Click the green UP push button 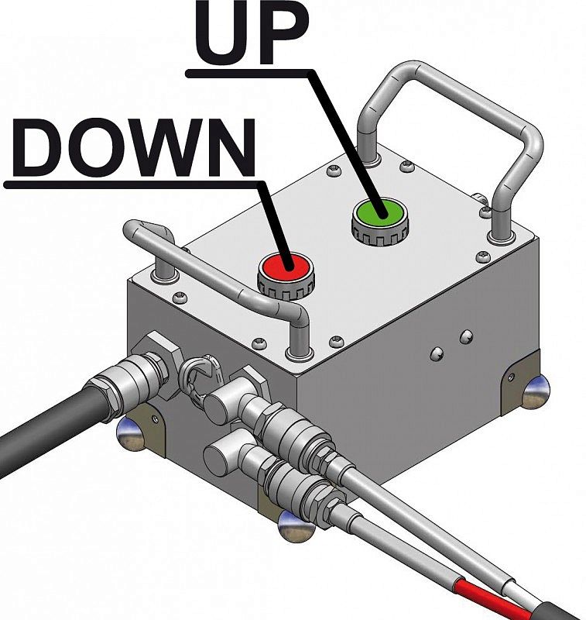pos(379,212)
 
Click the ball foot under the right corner pos(536,392)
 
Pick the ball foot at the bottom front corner pos(296,526)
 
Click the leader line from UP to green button pos(344,144)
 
